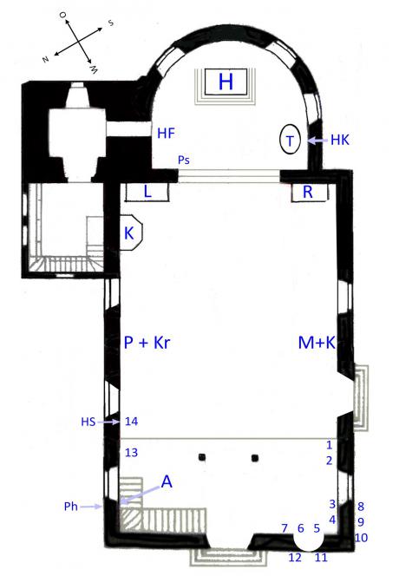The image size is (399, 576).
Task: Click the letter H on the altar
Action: (x=226, y=82)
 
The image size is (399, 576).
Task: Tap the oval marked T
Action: (x=291, y=140)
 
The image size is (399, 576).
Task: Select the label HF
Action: (x=166, y=133)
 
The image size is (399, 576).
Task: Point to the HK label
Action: (x=340, y=140)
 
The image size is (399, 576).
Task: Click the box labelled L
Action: (x=147, y=192)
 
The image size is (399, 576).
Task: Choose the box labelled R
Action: (x=309, y=192)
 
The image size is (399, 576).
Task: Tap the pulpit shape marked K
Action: (x=131, y=233)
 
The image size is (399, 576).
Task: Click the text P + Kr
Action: (x=147, y=343)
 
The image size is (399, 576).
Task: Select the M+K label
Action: (x=317, y=343)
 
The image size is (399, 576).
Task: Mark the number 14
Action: (x=131, y=422)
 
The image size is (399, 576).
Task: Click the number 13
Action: (x=131, y=453)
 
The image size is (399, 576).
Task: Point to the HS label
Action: (x=88, y=422)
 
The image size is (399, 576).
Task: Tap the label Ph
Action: (x=71, y=507)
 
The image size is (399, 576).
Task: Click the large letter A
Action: (x=167, y=481)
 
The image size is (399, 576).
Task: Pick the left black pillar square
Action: (x=202, y=457)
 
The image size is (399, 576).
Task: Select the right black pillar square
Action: (x=255, y=458)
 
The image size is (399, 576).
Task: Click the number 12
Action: (x=295, y=557)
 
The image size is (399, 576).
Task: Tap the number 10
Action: (x=361, y=538)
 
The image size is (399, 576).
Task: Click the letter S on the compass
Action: (x=110, y=23)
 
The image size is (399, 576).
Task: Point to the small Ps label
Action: (x=184, y=160)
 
